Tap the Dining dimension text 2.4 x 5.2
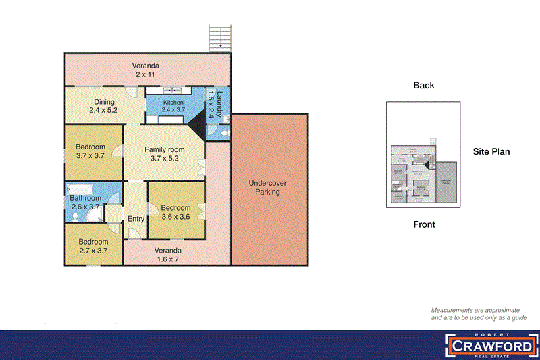(103, 109)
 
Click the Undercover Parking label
(269, 187)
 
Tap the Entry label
(136, 218)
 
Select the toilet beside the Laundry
(225, 120)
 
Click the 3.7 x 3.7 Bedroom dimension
(90, 155)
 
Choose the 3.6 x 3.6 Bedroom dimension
(175, 217)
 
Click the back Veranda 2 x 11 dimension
(145, 75)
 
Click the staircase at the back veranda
(220, 36)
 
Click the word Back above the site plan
(424, 85)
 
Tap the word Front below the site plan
(424, 224)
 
